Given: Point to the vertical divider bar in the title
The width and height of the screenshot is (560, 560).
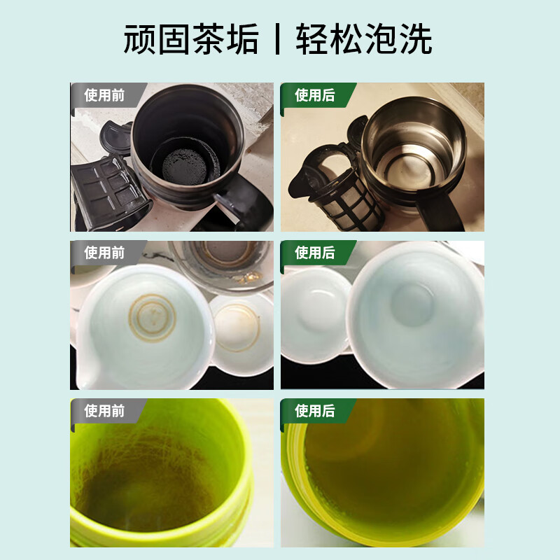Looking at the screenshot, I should (277, 39).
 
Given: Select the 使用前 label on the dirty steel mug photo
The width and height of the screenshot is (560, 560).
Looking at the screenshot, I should (104, 95).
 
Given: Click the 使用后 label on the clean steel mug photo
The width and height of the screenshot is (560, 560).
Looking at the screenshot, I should (314, 95).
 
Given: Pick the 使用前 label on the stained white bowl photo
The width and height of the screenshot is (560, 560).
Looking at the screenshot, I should (104, 253).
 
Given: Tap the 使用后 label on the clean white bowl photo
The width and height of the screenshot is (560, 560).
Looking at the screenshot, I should (314, 253).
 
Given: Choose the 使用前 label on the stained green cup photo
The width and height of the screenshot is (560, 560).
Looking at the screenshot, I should (104, 411).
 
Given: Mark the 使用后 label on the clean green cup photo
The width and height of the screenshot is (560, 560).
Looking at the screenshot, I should (314, 411).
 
